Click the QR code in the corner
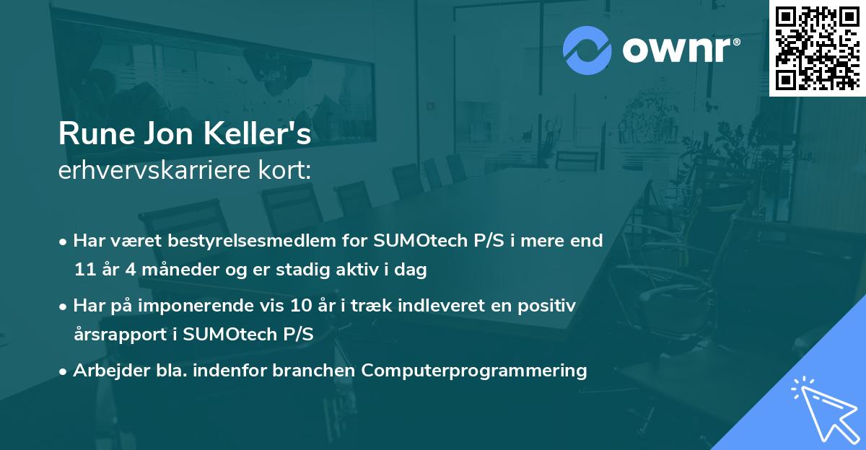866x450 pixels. click(x=817, y=48)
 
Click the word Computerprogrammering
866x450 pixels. click(x=474, y=371)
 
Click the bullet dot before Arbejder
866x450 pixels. click(x=64, y=371)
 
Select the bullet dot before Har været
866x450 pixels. click(x=64, y=242)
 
